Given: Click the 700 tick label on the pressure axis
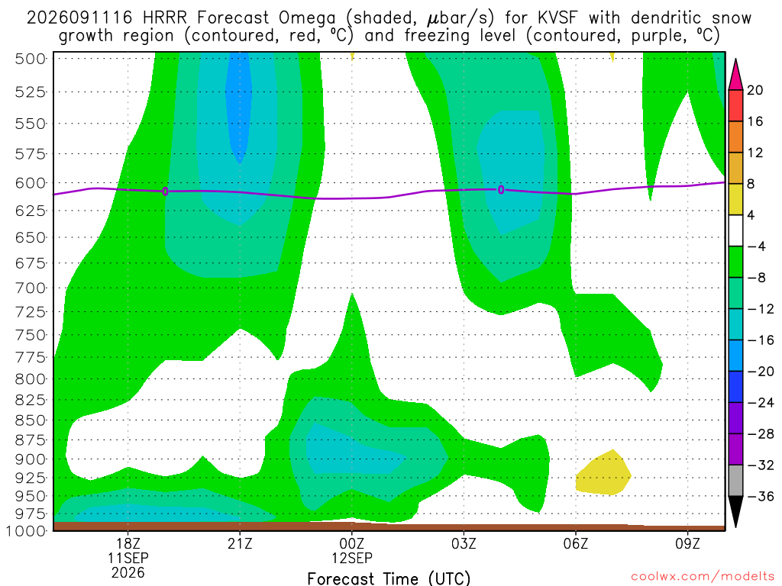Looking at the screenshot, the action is (x=31, y=288).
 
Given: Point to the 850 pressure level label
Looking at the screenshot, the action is (x=31, y=420).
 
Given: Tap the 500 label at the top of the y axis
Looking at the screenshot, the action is (x=31, y=59).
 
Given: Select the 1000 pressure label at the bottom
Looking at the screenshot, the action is (x=27, y=531).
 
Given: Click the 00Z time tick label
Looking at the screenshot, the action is (x=352, y=543).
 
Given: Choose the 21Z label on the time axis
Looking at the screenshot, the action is (x=240, y=543).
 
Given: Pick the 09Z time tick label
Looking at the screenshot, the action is (x=688, y=543).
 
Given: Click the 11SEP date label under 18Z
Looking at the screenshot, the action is (x=128, y=558).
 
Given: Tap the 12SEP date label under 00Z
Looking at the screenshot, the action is (x=352, y=558).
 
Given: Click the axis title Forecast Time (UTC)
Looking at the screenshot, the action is (x=389, y=578).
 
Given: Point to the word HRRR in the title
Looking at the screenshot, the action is (x=165, y=18).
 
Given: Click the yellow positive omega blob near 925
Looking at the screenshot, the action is (x=603, y=473).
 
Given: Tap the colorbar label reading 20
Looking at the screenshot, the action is (x=755, y=90).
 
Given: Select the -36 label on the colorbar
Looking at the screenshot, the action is (x=761, y=496).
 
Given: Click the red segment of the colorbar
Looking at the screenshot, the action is (x=735, y=105).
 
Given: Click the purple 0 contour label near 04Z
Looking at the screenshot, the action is (x=501, y=190).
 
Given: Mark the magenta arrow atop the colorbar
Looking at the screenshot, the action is (x=735, y=75).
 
